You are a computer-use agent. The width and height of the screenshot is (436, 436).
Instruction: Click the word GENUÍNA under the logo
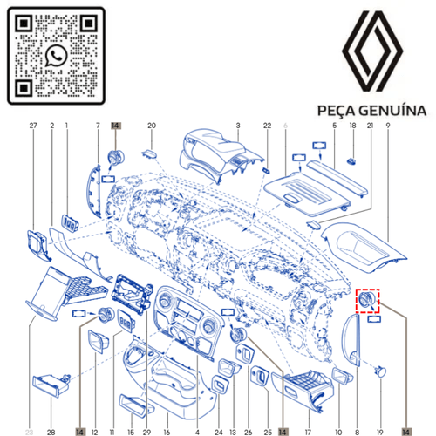click(392, 112)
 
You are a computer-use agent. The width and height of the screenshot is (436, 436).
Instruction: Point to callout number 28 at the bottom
click(51, 431)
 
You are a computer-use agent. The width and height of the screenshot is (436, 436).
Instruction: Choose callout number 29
click(146, 431)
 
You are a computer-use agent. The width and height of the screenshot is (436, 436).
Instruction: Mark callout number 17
click(307, 431)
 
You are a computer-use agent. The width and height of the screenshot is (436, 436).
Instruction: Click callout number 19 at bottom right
click(379, 431)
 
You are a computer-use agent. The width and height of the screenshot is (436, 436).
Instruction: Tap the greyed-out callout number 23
click(28, 431)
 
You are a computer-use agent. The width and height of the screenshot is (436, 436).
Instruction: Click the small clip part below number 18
click(353, 160)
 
